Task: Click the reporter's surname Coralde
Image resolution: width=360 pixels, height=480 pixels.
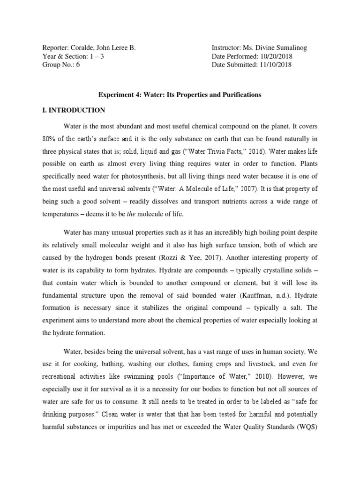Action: point(81,48)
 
